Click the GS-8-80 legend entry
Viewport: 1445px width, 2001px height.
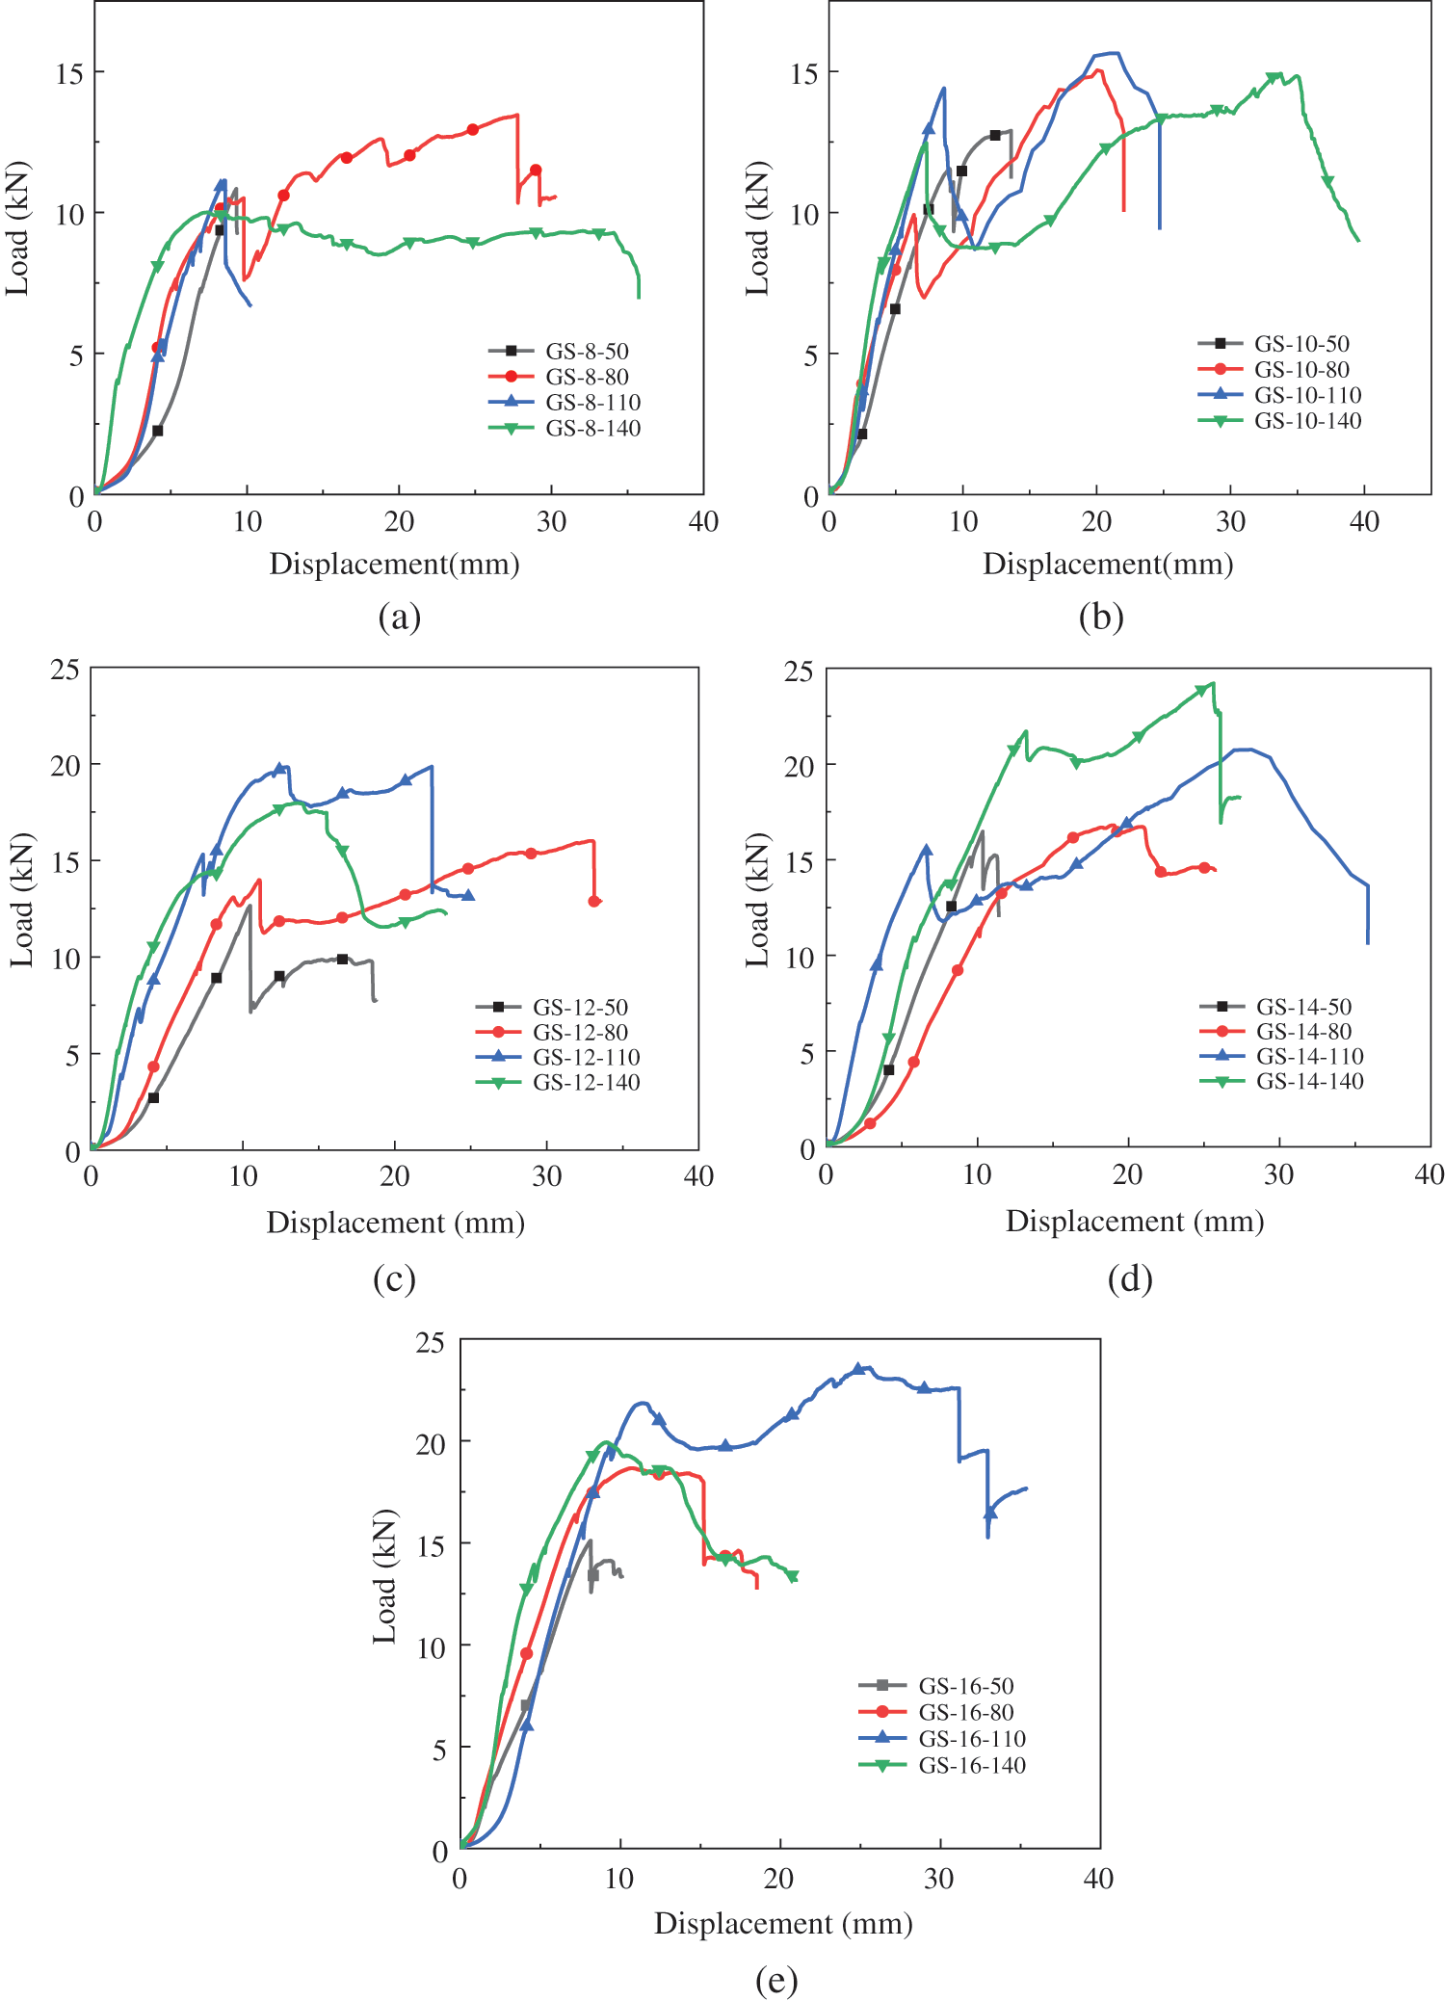(587, 377)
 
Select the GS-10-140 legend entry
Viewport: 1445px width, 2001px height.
(1307, 421)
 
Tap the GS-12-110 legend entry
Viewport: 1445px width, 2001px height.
(586, 1058)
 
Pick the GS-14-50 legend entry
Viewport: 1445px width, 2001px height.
(1303, 1007)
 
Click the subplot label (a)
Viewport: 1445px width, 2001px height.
(400, 617)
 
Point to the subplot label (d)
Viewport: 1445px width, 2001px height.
(1130, 1278)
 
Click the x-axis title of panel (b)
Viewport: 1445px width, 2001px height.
(1108, 565)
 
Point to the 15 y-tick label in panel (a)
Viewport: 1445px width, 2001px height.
(69, 73)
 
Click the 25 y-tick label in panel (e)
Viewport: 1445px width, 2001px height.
(430, 1342)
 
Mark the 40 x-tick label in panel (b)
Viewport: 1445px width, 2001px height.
(1364, 522)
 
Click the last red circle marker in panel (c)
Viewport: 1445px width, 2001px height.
(594, 902)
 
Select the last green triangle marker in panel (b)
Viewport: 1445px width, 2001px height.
(1327, 181)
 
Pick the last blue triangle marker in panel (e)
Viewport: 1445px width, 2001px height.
(990, 1513)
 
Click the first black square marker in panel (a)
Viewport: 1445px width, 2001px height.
(158, 431)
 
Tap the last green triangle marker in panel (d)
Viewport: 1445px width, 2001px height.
(1200, 690)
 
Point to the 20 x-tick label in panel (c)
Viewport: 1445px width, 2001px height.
(394, 1176)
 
